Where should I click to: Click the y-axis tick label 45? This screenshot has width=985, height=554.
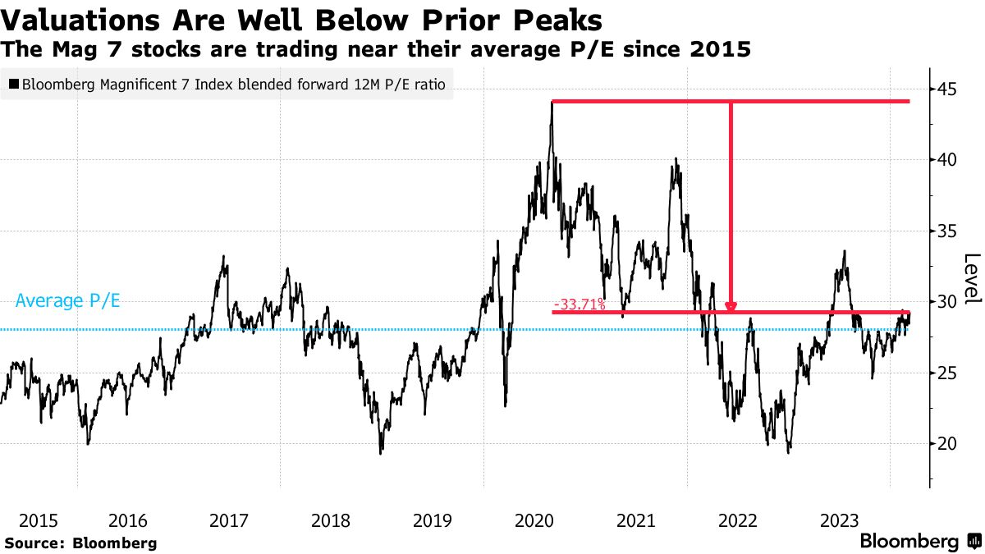tap(948, 89)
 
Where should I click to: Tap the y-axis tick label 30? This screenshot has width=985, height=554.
tap(948, 302)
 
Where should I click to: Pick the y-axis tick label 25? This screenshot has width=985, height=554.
tap(948, 373)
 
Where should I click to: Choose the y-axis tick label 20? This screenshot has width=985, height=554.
tap(948, 444)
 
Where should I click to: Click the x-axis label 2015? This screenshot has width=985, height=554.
tap(38, 520)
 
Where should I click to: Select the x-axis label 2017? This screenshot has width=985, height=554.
tap(229, 520)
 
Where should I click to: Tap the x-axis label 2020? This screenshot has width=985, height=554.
tap(534, 520)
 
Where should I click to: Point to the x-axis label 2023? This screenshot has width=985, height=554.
tap(840, 520)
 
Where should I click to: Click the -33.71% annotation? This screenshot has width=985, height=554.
tap(580, 305)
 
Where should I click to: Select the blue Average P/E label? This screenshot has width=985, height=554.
tap(68, 301)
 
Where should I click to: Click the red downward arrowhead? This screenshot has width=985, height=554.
tap(731, 307)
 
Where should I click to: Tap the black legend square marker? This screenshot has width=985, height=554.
tap(14, 84)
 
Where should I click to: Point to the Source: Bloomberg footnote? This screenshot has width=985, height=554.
tap(80, 543)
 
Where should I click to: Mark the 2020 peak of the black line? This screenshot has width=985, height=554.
tap(552, 103)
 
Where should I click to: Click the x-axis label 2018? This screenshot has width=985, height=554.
tap(331, 520)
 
